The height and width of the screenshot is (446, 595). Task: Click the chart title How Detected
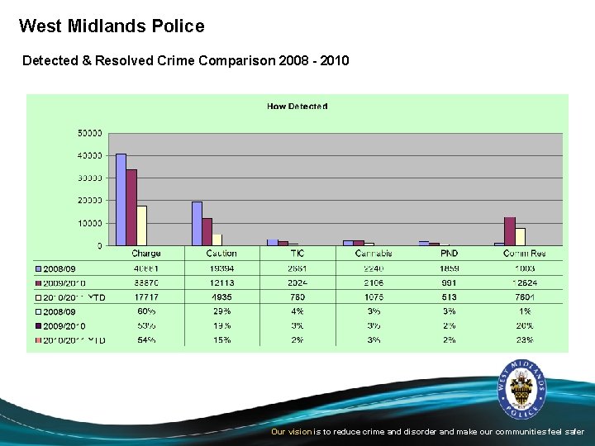click(x=297, y=106)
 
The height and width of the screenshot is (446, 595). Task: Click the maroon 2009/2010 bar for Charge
click(x=131, y=207)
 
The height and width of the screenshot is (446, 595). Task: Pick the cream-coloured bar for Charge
click(x=141, y=225)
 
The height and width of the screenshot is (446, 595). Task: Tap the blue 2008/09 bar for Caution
click(x=197, y=223)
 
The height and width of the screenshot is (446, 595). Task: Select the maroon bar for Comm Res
click(x=510, y=231)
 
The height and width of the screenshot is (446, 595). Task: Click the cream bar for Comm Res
click(x=520, y=236)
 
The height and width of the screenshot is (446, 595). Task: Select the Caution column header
click(x=221, y=254)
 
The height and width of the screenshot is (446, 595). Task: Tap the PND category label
click(x=449, y=254)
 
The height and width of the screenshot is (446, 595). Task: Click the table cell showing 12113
click(x=221, y=283)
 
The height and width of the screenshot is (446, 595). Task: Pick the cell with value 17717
click(x=145, y=297)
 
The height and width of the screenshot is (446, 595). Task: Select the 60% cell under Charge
click(x=145, y=311)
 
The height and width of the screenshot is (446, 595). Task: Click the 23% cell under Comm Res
click(x=525, y=340)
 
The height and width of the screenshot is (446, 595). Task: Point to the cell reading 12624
click(x=525, y=283)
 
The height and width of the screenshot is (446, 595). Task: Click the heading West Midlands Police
click(x=112, y=26)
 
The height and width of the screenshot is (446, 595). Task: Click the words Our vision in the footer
click(x=292, y=432)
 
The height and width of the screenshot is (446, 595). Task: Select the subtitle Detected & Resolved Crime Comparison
click(x=185, y=61)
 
